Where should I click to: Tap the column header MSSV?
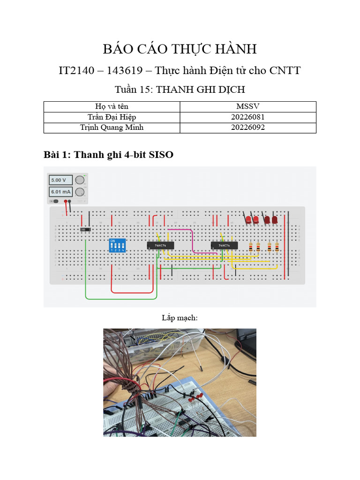[247, 106]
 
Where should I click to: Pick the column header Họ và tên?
[112, 106]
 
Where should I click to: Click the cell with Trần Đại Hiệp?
[112, 117]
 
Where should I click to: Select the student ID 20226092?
[247, 127]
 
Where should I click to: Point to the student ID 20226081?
[247, 117]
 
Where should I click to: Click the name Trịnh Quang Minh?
[112, 127]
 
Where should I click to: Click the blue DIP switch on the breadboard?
[117, 246]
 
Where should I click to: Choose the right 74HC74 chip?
[224, 245]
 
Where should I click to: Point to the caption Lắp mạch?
[180, 318]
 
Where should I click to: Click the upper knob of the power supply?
[80, 180]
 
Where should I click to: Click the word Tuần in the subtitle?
[127, 89]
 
